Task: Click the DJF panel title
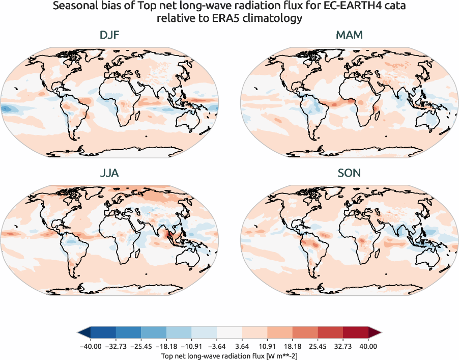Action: [x=109, y=36]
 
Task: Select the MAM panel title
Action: [x=349, y=36]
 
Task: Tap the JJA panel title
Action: [x=109, y=173]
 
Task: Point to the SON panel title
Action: [x=349, y=173]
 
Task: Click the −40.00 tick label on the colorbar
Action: [x=91, y=346]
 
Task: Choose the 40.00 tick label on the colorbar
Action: [x=368, y=346]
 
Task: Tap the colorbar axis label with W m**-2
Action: [x=229, y=354]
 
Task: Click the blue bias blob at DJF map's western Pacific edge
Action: [x=7, y=108]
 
